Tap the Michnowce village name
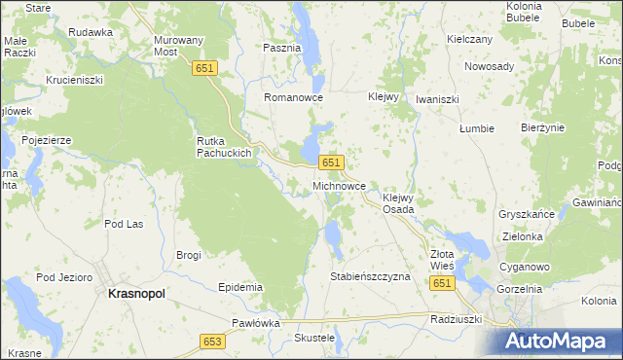pyautogui.click(x=339, y=184)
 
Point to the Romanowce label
pyautogui.click(x=293, y=98)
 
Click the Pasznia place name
pyautogui.click(x=282, y=47)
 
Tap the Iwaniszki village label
pyautogui.click(x=437, y=99)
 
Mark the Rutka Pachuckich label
pyautogui.click(x=225, y=146)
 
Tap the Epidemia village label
pyautogui.click(x=241, y=287)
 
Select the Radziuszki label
pyautogui.click(x=456, y=317)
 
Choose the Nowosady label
pyautogui.click(x=489, y=66)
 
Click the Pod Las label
pyautogui.click(x=124, y=224)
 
